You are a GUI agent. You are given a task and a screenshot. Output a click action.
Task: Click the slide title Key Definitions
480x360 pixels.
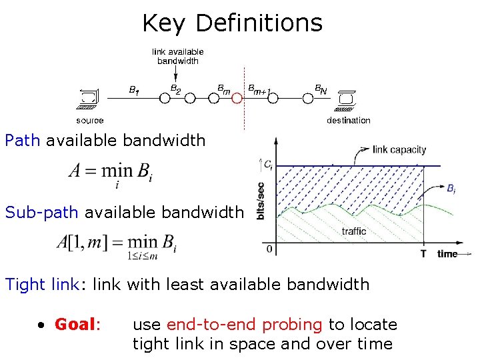[232, 23]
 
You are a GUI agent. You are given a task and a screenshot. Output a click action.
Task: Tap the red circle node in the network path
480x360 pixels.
[236, 98]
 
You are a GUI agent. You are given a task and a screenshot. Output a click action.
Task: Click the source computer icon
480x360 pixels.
[87, 98]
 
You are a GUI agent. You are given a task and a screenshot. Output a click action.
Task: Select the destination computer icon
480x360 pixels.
[345, 98]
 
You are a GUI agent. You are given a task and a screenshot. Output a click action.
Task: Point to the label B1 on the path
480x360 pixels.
[134, 89]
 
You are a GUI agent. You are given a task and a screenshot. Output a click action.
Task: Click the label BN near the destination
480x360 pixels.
[321, 88]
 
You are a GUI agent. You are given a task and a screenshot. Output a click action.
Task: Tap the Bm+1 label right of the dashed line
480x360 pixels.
[261, 88]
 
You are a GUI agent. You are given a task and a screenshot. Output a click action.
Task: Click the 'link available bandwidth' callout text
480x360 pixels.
[177, 56]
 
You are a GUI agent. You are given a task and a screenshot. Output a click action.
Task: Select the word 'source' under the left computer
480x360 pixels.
[89, 121]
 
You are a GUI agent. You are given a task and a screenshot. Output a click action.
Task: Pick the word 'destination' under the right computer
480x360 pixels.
[348, 121]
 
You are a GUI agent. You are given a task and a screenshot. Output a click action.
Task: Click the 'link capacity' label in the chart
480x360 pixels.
[399, 149]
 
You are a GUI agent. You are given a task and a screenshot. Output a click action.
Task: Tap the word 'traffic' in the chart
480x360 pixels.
[353, 231]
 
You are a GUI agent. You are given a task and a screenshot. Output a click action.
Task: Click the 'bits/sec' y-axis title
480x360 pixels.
[261, 200]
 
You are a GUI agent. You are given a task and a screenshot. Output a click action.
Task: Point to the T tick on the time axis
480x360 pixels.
[423, 254]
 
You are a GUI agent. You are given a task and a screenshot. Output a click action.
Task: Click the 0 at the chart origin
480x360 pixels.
[269, 249]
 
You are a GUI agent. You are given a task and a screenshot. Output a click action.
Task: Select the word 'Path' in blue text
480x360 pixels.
[23, 141]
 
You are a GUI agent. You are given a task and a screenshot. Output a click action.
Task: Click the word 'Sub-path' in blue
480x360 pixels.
[41, 213]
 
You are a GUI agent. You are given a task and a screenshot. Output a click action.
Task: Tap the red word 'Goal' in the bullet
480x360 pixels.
[76, 325]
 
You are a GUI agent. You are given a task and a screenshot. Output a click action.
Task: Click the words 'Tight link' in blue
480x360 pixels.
[42, 285]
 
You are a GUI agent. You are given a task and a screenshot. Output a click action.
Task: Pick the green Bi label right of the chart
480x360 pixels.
[451, 189]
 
